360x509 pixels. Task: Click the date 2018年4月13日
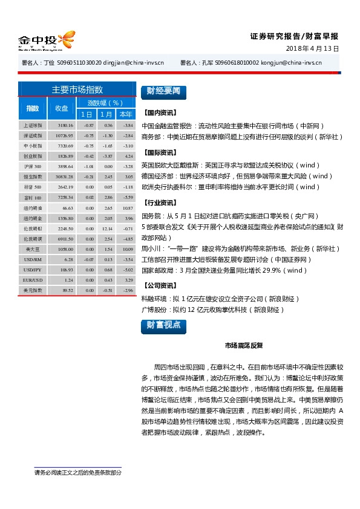point(312,48)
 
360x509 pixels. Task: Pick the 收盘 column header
point(62,108)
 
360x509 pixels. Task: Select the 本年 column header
point(126,114)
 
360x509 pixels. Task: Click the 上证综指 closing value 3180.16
point(65,125)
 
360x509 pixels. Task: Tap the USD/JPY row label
point(32,270)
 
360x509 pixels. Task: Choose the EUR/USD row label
point(32,280)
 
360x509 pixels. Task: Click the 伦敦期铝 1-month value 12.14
point(107,229)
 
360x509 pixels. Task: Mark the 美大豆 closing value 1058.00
point(65,249)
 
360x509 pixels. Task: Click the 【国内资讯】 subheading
point(160,113)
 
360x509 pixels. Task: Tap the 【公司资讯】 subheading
point(160,285)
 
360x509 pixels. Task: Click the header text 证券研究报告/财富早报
point(294,36)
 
